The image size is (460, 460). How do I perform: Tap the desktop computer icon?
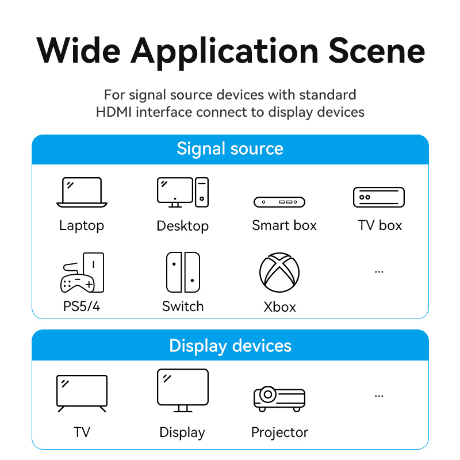183,192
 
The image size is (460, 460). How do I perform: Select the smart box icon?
279,202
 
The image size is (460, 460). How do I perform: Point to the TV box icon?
379,197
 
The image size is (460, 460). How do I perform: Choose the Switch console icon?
183,272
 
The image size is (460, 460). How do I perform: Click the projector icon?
279,398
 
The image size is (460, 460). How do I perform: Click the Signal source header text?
230,149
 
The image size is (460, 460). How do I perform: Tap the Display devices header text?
231,346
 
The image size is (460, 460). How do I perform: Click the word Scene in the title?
377,51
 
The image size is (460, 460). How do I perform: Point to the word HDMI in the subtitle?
114,112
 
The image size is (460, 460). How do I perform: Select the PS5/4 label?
82,306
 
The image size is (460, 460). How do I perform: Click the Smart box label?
284,225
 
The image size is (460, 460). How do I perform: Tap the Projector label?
279,432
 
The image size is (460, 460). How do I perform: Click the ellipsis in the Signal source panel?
379,272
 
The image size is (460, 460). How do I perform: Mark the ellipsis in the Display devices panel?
379,396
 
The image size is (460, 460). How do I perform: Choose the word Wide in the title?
78,51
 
